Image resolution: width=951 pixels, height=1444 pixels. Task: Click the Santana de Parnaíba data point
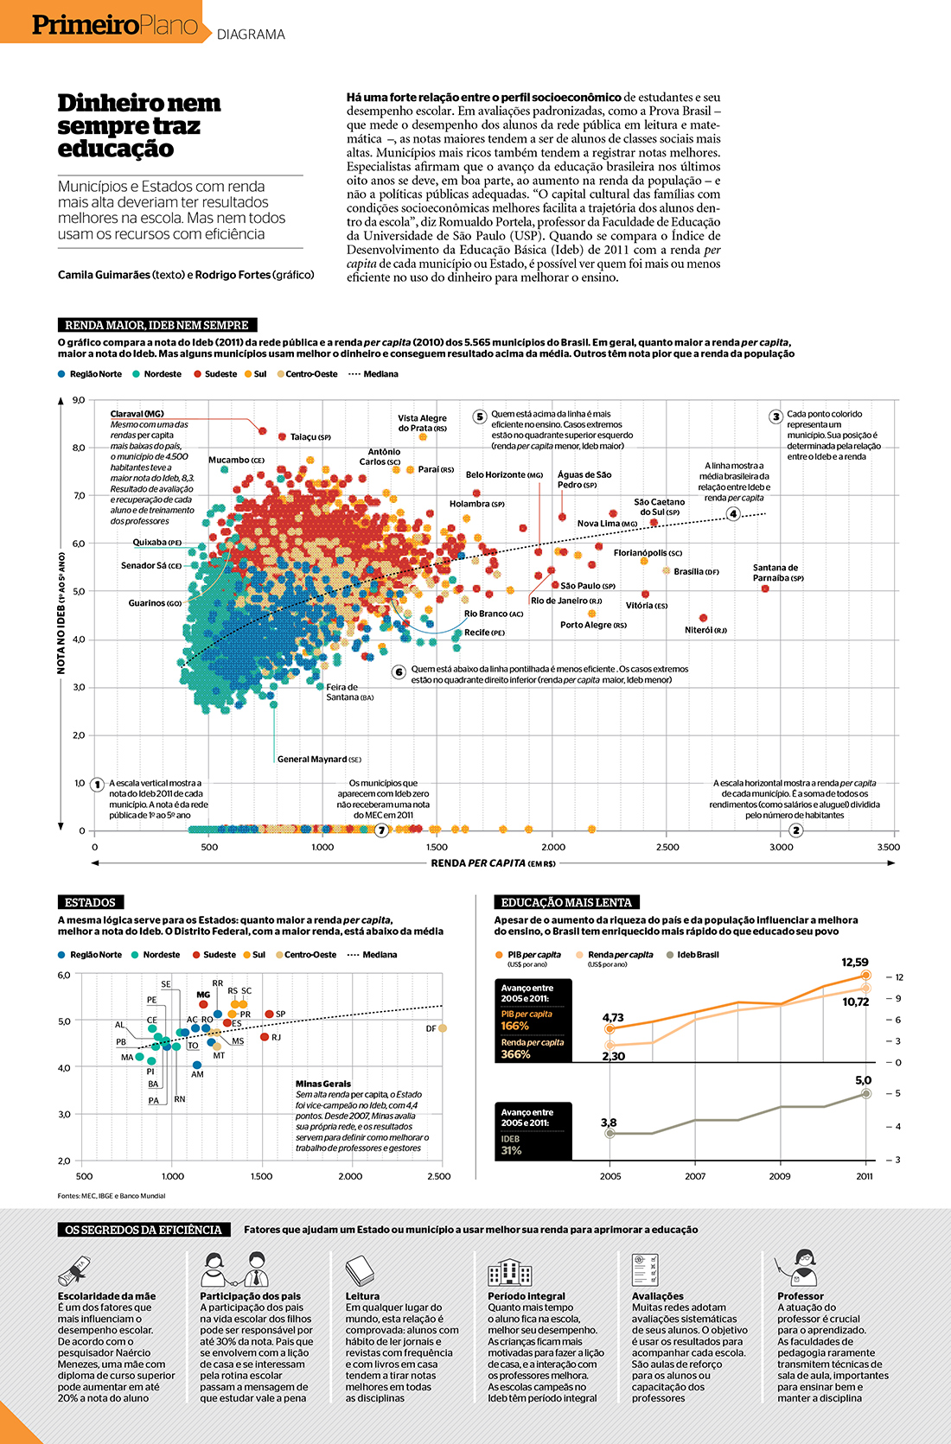pos(765,588)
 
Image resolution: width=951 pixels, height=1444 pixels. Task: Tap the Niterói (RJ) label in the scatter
pos(705,630)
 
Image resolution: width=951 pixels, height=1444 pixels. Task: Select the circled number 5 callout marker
pos(480,417)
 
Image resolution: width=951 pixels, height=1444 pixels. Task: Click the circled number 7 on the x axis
pos(381,830)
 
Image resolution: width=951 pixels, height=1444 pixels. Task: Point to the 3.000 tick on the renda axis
pos(781,847)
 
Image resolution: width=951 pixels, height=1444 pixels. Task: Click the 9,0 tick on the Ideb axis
pos(79,400)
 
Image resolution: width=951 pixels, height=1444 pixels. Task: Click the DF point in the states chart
pos(443,1028)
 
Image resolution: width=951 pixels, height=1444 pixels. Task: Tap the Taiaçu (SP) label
pos(310,437)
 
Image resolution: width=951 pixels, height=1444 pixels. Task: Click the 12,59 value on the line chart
pos(854,962)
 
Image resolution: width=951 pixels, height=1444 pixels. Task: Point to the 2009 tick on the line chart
pos(780,1176)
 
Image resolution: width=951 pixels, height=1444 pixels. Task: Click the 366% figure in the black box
pos(515,1054)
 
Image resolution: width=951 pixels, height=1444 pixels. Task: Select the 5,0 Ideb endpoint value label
pos(863,1080)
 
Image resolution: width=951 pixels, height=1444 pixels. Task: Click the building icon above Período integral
pos(509,1271)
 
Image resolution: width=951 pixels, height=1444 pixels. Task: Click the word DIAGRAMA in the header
pos(251,35)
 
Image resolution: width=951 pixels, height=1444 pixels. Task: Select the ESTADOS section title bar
pos(90,902)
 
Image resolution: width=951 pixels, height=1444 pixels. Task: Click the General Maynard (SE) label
pos(319,759)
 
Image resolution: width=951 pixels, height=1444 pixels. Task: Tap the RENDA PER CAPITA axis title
pos(493,862)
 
